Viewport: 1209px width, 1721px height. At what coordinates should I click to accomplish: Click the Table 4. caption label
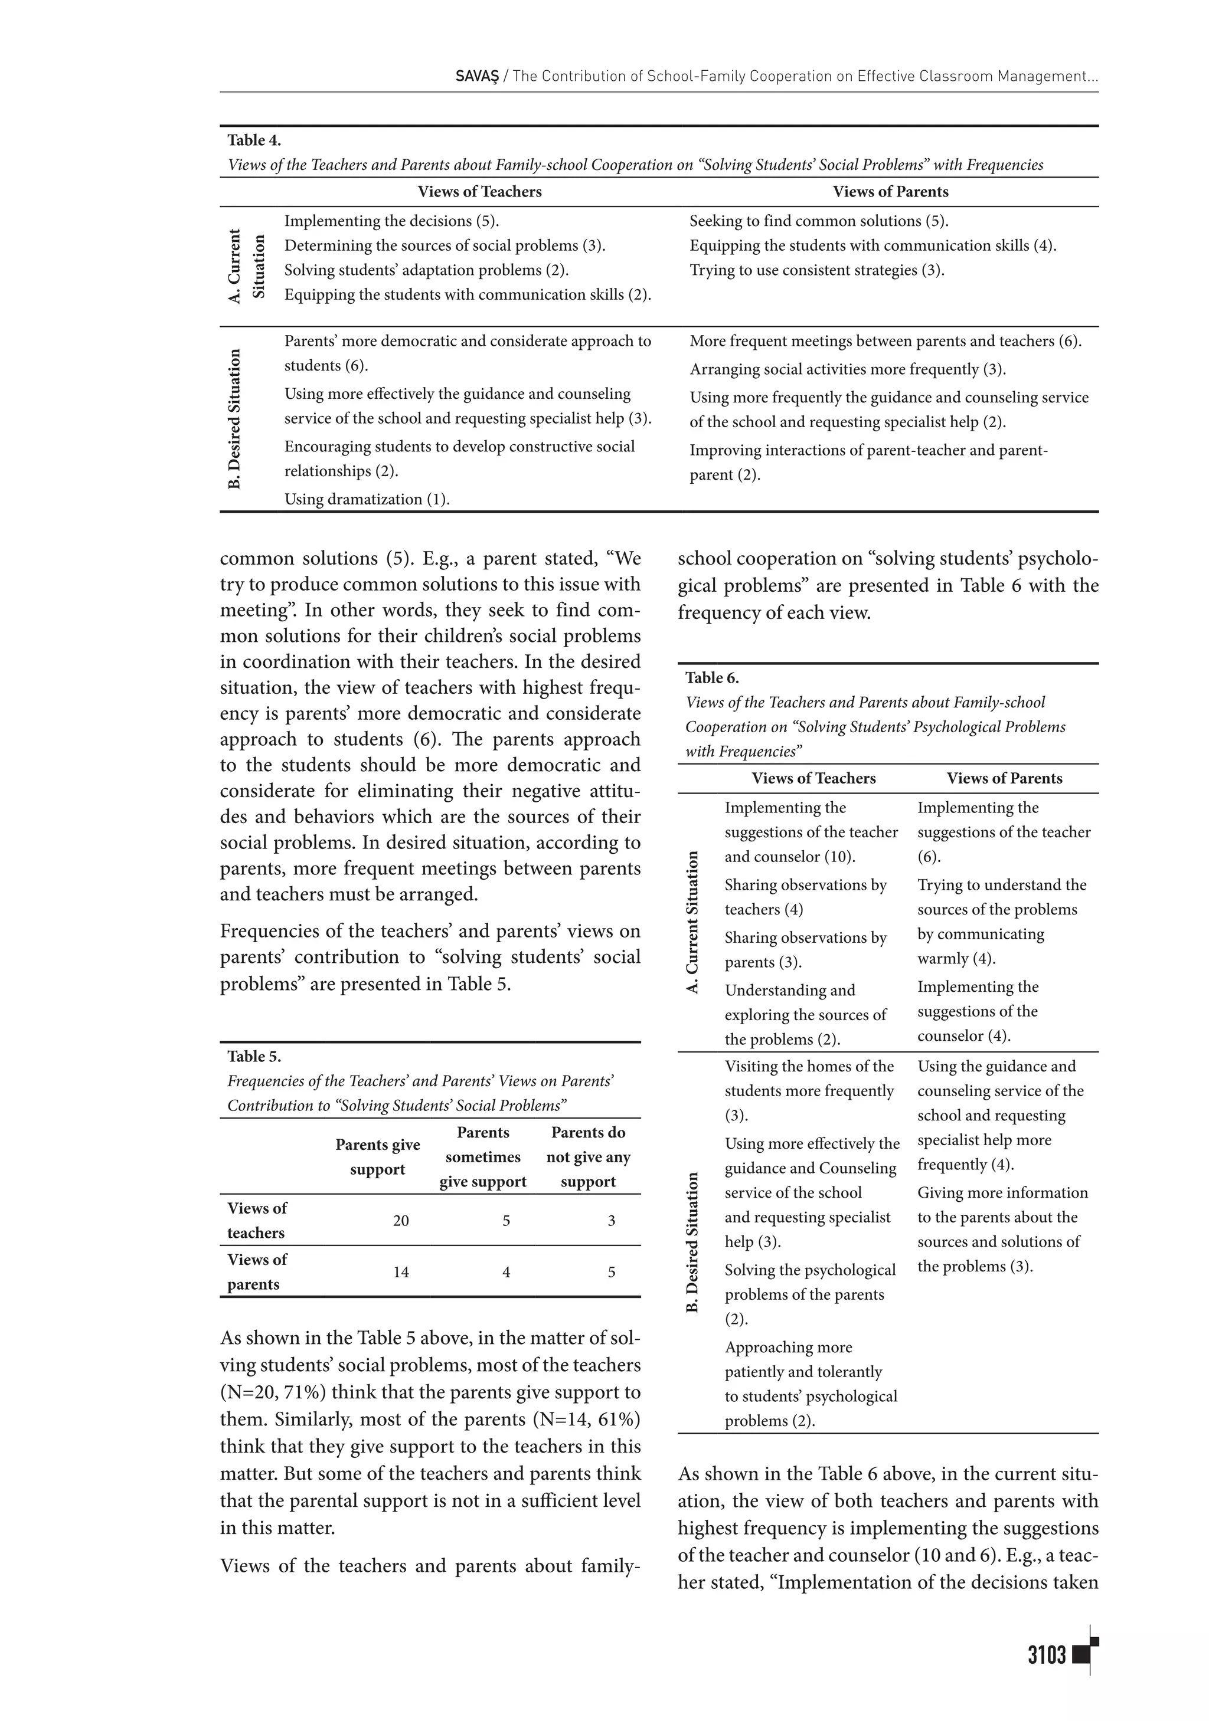pyautogui.click(x=254, y=140)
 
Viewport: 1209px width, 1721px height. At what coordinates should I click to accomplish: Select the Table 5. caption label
pyautogui.click(x=254, y=1056)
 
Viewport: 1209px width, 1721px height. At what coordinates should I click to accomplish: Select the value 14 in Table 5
pyautogui.click(x=401, y=1272)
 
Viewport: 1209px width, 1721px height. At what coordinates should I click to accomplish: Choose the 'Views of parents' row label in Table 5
pyautogui.click(x=257, y=1272)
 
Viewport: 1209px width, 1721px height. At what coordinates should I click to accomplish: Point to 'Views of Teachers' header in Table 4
pyautogui.click(x=479, y=192)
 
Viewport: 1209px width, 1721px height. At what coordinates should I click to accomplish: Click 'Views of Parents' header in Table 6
pyautogui.click(x=1004, y=778)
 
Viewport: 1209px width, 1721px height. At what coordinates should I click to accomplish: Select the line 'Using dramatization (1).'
pyautogui.click(x=367, y=499)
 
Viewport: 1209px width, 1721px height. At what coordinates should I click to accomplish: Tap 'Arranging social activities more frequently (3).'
pyautogui.click(x=848, y=369)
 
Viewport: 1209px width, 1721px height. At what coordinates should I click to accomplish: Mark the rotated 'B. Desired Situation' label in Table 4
pyautogui.click(x=235, y=419)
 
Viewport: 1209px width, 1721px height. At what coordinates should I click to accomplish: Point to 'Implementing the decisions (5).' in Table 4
pyautogui.click(x=391, y=221)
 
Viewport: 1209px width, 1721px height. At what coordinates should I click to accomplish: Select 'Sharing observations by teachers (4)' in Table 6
pyautogui.click(x=805, y=897)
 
